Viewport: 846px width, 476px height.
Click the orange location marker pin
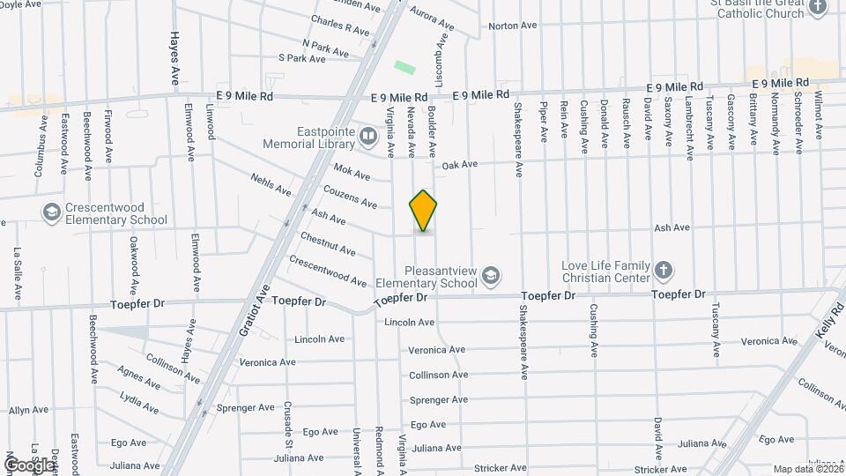[423, 211]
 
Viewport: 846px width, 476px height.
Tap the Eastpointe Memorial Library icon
[368, 136]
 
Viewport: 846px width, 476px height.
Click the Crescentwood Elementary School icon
[51, 212]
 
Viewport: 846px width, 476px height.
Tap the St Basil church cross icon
[818, 8]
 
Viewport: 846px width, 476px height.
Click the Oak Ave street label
[459, 164]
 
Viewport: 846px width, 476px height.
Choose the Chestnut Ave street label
[327, 244]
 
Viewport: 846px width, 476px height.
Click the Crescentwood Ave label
[328, 271]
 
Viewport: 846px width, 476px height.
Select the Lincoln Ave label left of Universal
[320, 338]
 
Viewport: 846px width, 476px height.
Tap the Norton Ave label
[513, 26]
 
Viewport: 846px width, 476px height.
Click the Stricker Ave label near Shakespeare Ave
[500, 468]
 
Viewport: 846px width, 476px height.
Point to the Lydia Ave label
[139, 403]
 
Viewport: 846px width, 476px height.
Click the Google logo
[28, 465]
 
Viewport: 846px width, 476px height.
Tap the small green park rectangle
[404, 67]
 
